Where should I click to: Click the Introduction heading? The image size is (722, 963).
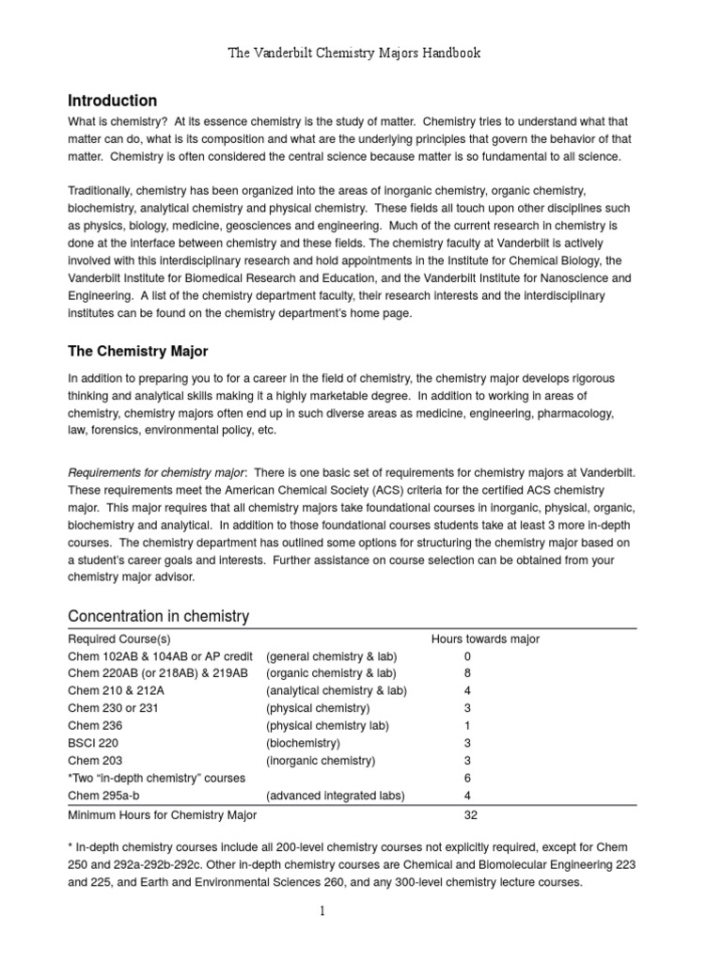(113, 101)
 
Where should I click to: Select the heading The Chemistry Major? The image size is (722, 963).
(138, 351)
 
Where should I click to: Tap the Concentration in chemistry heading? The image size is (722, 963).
(159, 616)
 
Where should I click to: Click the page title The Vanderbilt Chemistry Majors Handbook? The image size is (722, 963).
(355, 53)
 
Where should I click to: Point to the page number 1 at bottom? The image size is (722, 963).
(322, 912)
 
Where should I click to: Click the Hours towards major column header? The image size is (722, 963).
(485, 639)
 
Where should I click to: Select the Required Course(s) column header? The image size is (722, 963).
(119, 639)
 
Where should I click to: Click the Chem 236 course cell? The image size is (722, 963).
(96, 726)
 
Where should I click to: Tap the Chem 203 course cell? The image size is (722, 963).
(96, 761)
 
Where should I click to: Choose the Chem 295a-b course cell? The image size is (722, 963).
(105, 796)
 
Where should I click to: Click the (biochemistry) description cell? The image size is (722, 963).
(303, 743)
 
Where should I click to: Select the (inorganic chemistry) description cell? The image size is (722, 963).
(321, 761)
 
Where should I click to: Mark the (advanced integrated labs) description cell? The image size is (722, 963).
(336, 796)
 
